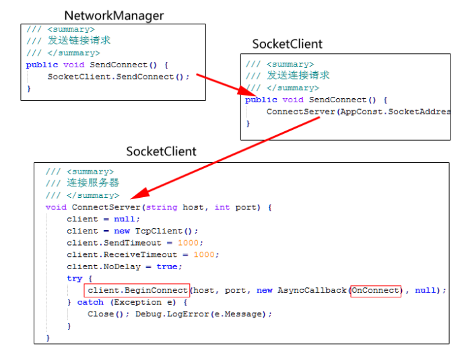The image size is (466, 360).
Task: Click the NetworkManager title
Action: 114,15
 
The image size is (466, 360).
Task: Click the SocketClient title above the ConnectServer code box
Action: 161,151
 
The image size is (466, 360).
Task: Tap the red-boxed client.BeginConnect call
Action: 137,290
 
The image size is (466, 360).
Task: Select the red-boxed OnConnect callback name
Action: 375,290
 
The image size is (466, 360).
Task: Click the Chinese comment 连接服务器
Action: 93,183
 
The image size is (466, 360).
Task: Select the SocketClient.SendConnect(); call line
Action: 119,77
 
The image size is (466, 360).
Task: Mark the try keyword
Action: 74,278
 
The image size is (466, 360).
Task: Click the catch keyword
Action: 90,302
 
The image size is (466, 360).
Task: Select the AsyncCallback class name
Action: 312,290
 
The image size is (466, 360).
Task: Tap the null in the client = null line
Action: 127,219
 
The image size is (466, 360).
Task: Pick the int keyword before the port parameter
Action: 222,207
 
